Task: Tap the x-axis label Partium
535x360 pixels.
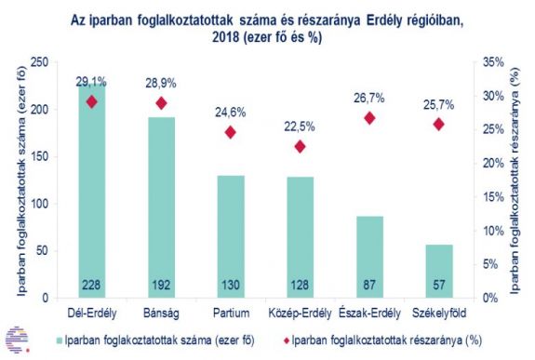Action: click(229, 311)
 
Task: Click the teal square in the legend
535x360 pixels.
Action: click(61, 340)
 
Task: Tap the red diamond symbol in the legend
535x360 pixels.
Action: click(284, 340)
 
